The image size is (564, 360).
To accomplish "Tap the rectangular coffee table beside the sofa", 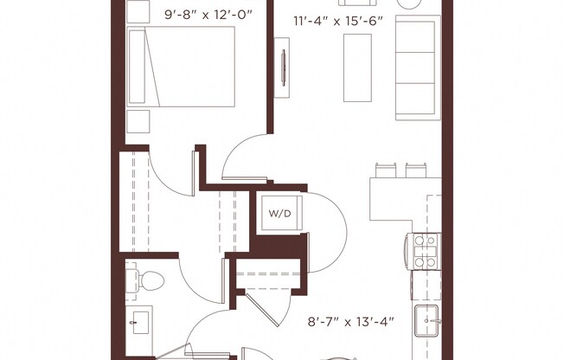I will point(357,67).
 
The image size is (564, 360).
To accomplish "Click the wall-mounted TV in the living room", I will point(284,67).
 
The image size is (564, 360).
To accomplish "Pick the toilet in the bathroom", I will point(148,280).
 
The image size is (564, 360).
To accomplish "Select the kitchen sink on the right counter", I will point(428,322).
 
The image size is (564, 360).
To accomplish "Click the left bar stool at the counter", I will point(386,170).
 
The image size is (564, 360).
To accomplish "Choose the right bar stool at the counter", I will point(415,170).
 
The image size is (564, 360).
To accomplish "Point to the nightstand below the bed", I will point(138,120).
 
